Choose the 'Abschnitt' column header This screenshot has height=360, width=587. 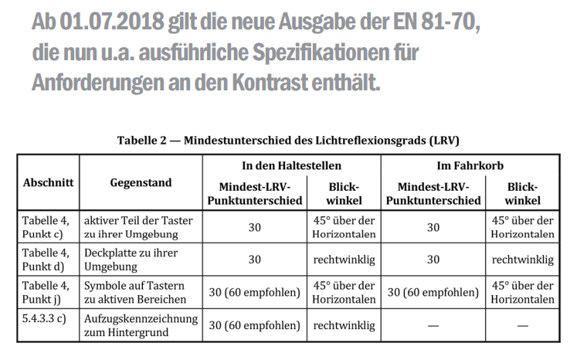click(48, 183)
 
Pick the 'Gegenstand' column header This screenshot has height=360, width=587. click(141, 183)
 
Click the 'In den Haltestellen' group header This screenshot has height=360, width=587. click(291, 165)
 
